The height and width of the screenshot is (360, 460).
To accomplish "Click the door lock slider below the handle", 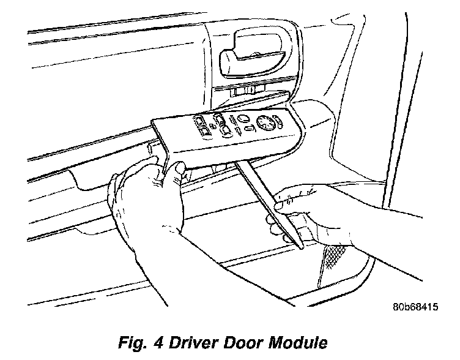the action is point(245,91).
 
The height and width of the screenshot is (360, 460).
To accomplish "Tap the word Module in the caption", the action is point(300,343).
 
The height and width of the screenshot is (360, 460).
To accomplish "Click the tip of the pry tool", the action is point(301,246).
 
